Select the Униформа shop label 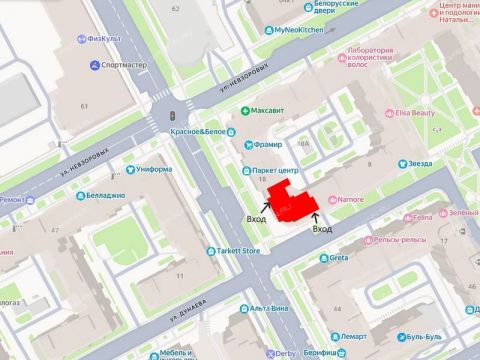(154, 169)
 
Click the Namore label (349, 200)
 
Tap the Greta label (338, 257)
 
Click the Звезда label (418, 164)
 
